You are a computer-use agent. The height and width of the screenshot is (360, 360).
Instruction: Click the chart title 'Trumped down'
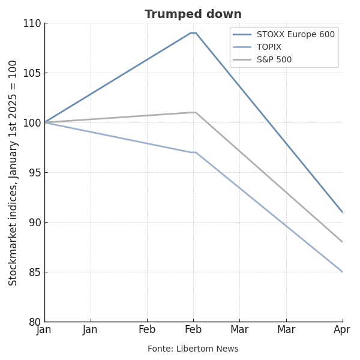(193, 14)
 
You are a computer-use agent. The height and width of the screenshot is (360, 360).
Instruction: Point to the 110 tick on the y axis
(32, 23)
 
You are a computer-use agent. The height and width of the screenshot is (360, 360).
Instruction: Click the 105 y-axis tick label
(32, 73)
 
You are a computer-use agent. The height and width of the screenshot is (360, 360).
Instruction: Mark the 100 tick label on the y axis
(32, 123)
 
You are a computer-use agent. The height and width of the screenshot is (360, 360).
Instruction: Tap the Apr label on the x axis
(342, 330)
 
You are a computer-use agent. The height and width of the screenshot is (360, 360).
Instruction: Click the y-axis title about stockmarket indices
(13, 173)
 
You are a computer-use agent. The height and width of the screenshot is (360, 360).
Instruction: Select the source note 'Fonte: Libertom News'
(193, 349)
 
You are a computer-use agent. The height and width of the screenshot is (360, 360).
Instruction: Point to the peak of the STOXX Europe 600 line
(193, 32)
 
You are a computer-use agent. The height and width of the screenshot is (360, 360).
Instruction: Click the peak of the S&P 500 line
(194, 112)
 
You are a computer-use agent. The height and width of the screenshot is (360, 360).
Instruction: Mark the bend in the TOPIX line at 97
(194, 152)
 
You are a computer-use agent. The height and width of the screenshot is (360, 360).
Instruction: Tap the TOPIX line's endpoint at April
(342, 272)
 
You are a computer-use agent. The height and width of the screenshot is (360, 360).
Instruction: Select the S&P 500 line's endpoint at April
(342, 242)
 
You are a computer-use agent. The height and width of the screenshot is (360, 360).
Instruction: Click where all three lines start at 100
(45, 122)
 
